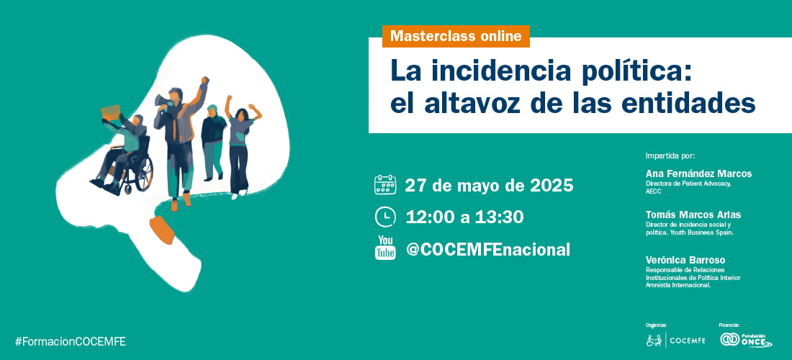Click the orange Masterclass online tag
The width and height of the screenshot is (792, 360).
pyautogui.click(x=456, y=36)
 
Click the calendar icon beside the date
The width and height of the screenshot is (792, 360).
pyautogui.click(x=385, y=185)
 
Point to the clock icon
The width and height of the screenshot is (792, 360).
pyautogui.click(x=385, y=217)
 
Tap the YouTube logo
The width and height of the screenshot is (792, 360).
pyautogui.click(x=385, y=248)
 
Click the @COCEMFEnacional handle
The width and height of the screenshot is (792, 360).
pyautogui.click(x=488, y=249)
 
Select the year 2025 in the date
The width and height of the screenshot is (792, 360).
pyautogui.click(x=552, y=185)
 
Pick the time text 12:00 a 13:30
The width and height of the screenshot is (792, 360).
pyautogui.click(x=464, y=217)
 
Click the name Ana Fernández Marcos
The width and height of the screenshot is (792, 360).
pyautogui.click(x=698, y=174)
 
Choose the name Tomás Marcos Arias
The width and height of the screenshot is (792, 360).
pyautogui.click(x=693, y=215)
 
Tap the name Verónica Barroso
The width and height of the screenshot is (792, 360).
pyautogui.click(x=685, y=260)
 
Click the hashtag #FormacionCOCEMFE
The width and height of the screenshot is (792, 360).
pyautogui.click(x=71, y=341)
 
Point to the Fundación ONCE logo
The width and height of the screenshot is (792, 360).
pyautogui.click(x=746, y=340)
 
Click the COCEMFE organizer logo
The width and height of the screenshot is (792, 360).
pyautogui.click(x=676, y=341)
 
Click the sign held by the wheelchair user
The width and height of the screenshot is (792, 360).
pyautogui.click(x=111, y=112)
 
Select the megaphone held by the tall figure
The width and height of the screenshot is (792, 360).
pyautogui.click(x=163, y=102)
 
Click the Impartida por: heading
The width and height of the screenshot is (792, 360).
pyautogui.click(x=670, y=156)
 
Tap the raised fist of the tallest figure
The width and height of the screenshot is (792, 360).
pyautogui.click(x=205, y=81)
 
